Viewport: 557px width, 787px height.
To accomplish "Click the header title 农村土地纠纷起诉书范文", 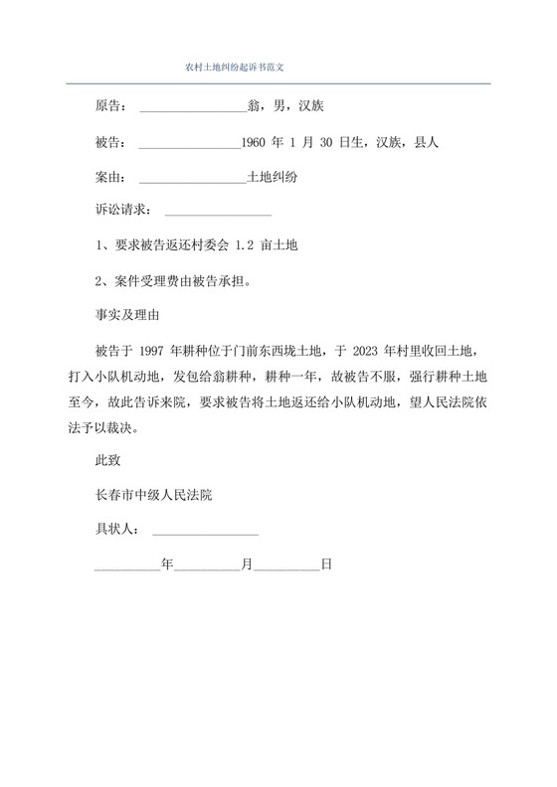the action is click(x=236, y=68).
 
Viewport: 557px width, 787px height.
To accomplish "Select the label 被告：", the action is click(x=109, y=142).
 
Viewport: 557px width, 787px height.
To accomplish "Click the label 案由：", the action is click(x=109, y=178).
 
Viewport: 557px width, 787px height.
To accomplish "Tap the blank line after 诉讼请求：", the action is click(x=217, y=213).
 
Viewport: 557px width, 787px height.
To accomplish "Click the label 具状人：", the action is click(x=115, y=530).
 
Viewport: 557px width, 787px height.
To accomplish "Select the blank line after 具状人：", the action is click(x=206, y=532).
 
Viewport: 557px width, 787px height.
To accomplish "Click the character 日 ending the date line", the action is click(x=325, y=563).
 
